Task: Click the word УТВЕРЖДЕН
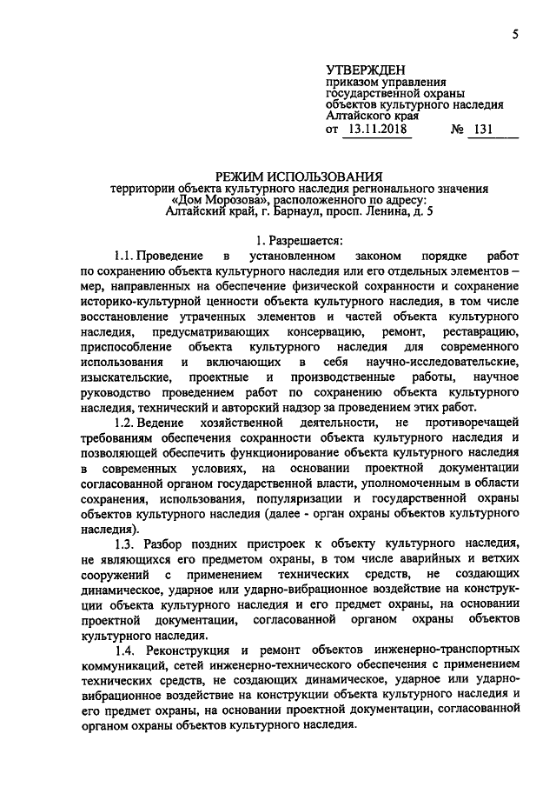(366, 68)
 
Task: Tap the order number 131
(485, 130)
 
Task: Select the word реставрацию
(480, 332)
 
